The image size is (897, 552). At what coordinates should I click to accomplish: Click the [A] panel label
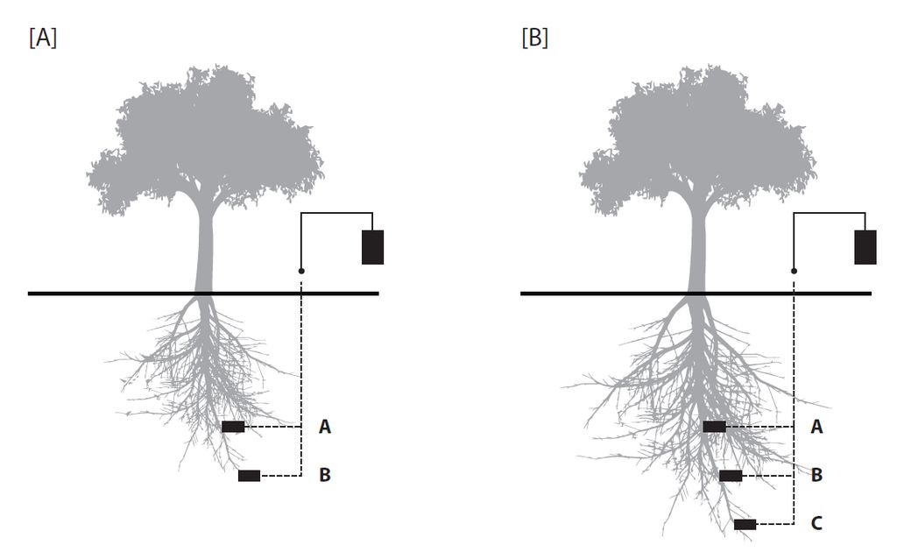(43, 39)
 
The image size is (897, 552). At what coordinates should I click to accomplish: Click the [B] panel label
(534, 39)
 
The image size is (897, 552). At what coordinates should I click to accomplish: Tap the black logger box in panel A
(372, 246)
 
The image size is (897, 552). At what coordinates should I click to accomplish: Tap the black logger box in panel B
(865, 246)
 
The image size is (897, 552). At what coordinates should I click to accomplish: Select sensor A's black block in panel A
(233, 427)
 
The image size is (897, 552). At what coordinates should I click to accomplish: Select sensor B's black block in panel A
(249, 476)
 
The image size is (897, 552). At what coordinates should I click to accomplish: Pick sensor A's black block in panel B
(714, 427)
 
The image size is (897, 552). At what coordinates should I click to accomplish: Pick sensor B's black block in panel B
(731, 476)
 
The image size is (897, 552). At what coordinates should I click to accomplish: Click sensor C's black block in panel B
(745, 524)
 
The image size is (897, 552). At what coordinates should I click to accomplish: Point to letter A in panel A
(325, 427)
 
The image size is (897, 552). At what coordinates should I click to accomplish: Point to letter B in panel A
(325, 476)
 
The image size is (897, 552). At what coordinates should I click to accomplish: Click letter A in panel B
(816, 427)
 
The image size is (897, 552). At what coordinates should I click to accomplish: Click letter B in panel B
(816, 476)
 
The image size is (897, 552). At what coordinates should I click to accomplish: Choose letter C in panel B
(816, 524)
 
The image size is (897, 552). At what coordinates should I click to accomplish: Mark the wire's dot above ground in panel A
(301, 271)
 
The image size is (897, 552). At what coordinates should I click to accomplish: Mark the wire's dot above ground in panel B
(794, 271)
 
